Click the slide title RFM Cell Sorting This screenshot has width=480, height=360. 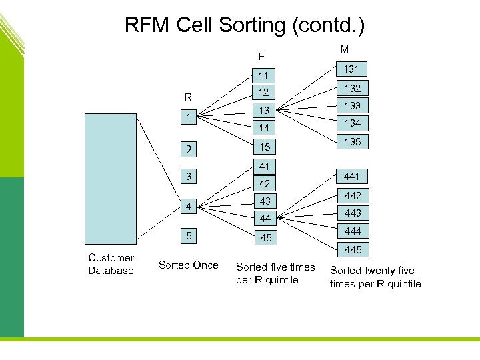[244, 25]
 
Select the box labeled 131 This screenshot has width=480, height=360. [351, 69]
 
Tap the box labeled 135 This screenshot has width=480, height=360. [351, 141]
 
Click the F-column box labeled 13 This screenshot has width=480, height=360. [265, 110]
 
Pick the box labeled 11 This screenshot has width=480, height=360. [265, 75]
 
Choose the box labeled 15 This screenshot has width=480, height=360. [265, 146]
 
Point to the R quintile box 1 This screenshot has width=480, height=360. [189, 117]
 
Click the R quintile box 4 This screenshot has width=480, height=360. [189, 206]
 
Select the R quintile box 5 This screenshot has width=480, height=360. [189, 235]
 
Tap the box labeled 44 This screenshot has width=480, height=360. [265, 218]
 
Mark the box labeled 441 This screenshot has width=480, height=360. [352, 177]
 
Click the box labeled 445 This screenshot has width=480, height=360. [352, 249]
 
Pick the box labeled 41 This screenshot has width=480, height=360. [265, 166]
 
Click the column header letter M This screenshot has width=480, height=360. [344, 49]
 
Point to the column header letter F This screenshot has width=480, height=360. [261, 56]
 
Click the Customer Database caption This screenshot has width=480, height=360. [111, 264]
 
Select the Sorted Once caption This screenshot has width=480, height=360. [188, 265]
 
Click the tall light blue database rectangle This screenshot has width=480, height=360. [111, 179]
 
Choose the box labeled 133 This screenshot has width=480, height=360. [351, 105]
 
